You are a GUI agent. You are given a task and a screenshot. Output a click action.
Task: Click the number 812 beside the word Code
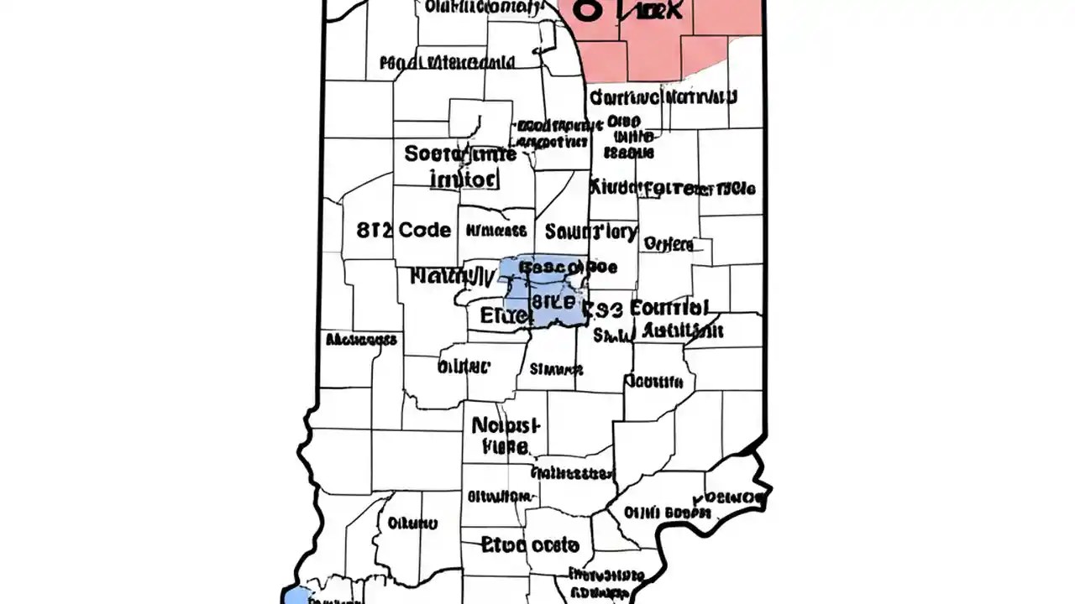click(374, 230)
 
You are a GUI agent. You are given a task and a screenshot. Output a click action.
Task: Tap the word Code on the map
click(424, 230)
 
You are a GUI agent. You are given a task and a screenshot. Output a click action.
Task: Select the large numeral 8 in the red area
click(588, 10)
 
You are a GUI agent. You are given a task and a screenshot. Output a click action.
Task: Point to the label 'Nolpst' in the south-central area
click(508, 425)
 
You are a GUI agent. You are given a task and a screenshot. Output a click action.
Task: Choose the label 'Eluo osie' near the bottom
click(531, 545)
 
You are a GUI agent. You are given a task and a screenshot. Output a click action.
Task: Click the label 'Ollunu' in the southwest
click(412, 523)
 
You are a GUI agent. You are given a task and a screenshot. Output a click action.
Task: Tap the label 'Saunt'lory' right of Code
click(590, 231)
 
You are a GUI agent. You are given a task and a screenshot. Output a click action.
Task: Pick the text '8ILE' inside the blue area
click(553, 299)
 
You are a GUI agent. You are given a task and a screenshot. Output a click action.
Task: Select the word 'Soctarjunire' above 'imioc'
click(459, 154)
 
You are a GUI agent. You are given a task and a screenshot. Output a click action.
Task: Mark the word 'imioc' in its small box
click(464, 179)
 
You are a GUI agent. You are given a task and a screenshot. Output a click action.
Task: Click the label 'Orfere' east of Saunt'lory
click(669, 244)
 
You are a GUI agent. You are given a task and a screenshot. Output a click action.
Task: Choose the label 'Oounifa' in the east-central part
click(653, 382)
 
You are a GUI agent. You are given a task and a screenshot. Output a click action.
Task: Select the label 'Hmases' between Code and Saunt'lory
click(496, 231)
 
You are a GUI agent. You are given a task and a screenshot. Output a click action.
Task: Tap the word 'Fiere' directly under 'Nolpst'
click(506, 447)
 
